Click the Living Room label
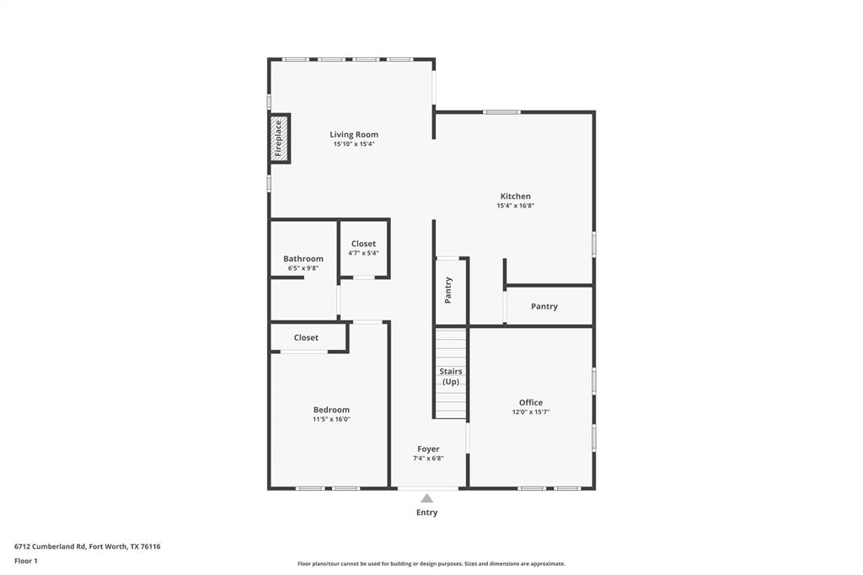pyautogui.click(x=353, y=134)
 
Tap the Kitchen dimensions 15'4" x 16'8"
pyautogui.click(x=515, y=206)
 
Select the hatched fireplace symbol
pyautogui.click(x=279, y=137)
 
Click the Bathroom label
pyautogui.click(x=303, y=259)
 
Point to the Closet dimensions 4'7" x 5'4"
pyautogui.click(x=363, y=253)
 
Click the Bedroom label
pyautogui.click(x=331, y=410)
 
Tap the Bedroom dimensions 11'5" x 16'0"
pyautogui.click(x=331, y=419)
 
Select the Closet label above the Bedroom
pyautogui.click(x=306, y=337)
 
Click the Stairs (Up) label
pyautogui.click(x=451, y=376)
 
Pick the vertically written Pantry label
pyautogui.click(x=448, y=289)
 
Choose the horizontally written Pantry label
pyautogui.click(x=544, y=306)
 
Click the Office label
pyautogui.click(x=530, y=402)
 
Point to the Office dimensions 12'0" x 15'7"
pyautogui.click(x=530, y=412)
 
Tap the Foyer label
pyautogui.click(x=428, y=449)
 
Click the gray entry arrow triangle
pyautogui.click(x=427, y=498)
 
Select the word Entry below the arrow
pyautogui.click(x=427, y=512)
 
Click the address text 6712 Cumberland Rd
pyautogui.click(x=87, y=546)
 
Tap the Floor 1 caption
pyautogui.click(x=26, y=561)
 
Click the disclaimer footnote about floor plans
pyautogui.click(x=431, y=563)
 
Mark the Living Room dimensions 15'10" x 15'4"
pyautogui.click(x=353, y=144)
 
